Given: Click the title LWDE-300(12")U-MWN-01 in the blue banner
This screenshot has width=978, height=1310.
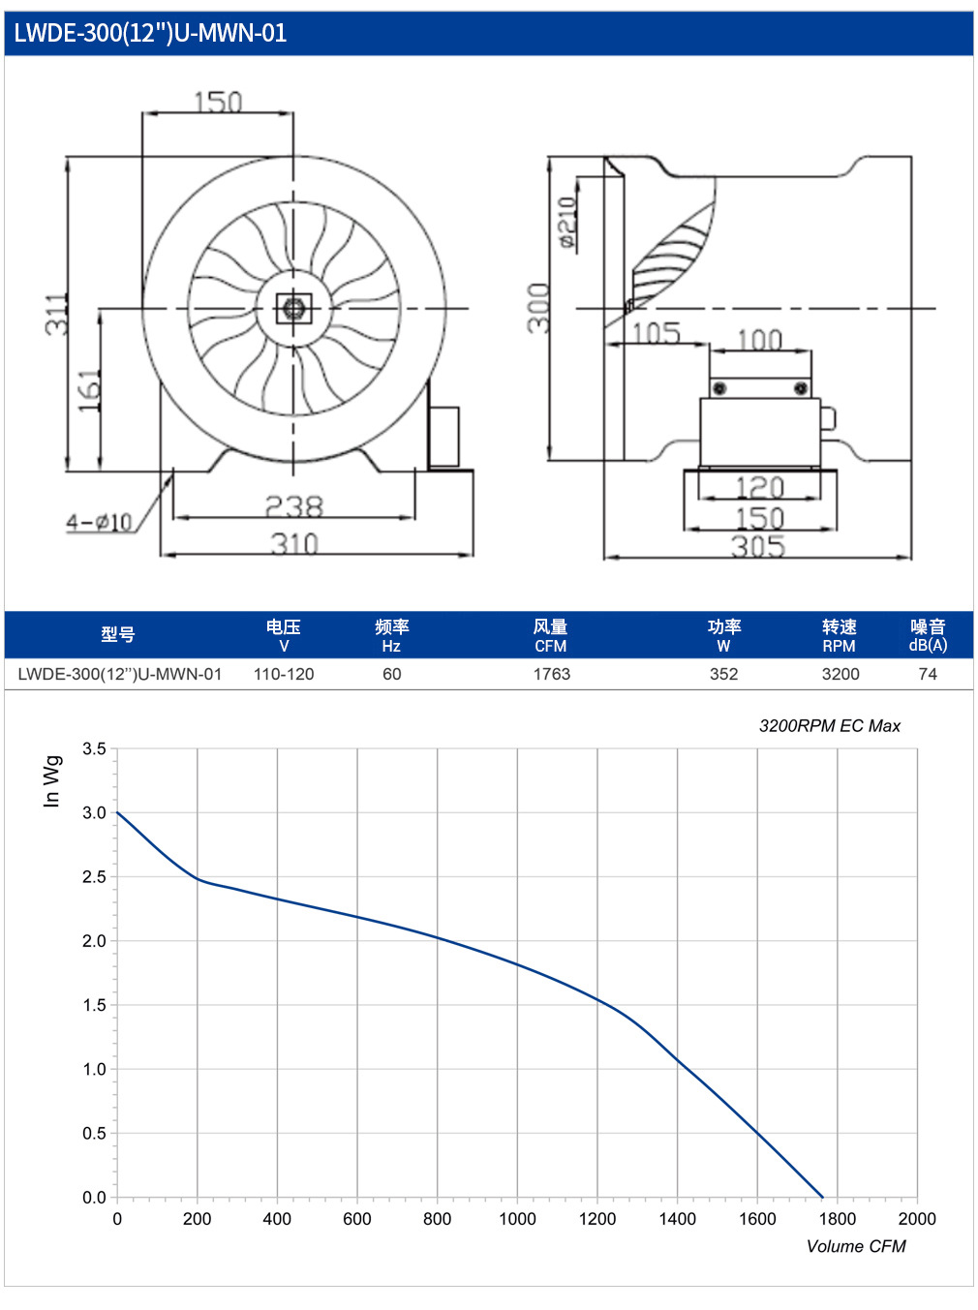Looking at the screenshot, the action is pos(150,33).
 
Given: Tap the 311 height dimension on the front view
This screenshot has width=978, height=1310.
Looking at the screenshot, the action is pos(57,314).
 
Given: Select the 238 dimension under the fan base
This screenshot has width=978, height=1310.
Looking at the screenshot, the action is pos(293,506).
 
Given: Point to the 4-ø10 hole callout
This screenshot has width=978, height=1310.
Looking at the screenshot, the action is pos(99,522).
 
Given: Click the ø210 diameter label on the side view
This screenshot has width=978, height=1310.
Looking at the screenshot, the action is pos(568,222).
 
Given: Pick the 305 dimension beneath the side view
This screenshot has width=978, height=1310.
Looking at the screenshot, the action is pos(758,547).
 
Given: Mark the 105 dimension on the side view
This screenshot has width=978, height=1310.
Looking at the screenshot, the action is pos(656,334).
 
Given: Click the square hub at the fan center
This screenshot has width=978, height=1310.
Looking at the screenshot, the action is pos(293,309).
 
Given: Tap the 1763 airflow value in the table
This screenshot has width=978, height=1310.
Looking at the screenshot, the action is pos(551,674).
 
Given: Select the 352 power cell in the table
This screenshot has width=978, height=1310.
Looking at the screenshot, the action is pos(723,674).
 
